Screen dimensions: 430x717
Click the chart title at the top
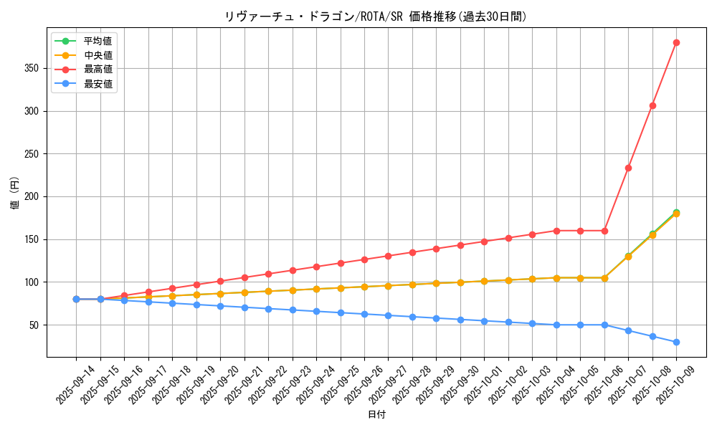pos(376,16)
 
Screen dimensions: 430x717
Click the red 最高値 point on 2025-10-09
pos(676,43)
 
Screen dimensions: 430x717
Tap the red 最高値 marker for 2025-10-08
pos(652,105)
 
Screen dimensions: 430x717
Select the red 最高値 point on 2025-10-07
pos(628,168)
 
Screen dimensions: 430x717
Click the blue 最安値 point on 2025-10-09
pos(676,342)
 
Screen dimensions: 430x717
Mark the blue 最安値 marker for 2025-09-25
pos(341,312)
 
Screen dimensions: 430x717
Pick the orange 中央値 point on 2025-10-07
pos(628,256)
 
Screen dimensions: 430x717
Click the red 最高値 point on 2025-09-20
pos(220,281)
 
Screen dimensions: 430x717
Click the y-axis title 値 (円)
pos(15,194)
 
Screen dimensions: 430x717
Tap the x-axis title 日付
pos(376,415)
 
